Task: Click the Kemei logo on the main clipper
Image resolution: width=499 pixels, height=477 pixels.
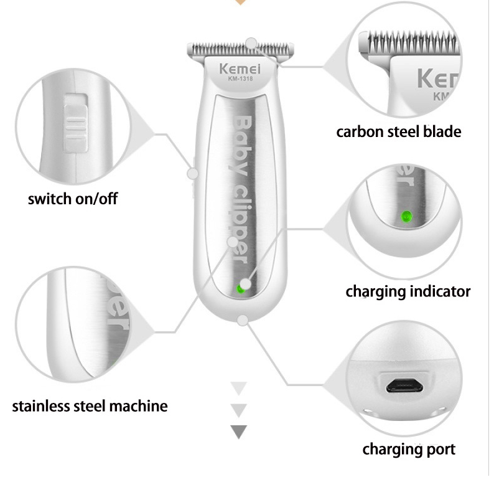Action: (x=240, y=69)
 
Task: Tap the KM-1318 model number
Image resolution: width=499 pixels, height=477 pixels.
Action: (x=241, y=78)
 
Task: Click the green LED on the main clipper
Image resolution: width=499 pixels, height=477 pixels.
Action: (x=240, y=290)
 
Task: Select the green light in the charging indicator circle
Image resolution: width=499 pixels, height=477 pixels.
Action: (x=406, y=217)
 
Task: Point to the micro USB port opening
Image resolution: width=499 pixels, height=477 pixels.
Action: (x=404, y=386)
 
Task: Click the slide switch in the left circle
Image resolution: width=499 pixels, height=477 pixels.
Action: (x=76, y=123)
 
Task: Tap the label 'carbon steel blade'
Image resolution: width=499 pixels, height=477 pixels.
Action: (x=399, y=132)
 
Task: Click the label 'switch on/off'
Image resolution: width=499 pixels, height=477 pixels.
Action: (x=73, y=199)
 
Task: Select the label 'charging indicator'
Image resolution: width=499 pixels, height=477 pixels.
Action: (x=408, y=291)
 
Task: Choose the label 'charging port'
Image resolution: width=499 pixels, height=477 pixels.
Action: (x=409, y=450)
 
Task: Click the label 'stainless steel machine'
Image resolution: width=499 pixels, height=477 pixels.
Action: (x=90, y=406)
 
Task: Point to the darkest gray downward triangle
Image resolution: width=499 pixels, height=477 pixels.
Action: (x=239, y=432)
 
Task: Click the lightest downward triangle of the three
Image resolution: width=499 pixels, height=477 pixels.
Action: (x=239, y=389)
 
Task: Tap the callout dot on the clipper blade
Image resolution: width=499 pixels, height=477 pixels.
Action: (x=251, y=44)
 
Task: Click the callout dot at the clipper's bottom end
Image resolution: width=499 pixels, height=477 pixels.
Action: (x=243, y=320)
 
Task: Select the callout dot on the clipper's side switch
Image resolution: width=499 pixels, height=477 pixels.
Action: (x=192, y=174)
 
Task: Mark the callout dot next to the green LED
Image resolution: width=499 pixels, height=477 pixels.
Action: (x=245, y=284)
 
